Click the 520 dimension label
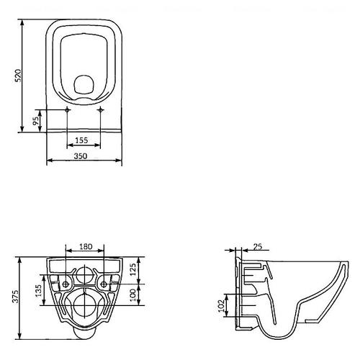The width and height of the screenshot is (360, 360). pyautogui.click(x=18, y=76)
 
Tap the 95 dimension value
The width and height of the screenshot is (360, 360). pyautogui.click(x=36, y=121)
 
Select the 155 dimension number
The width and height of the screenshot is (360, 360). pyautogui.click(x=81, y=140)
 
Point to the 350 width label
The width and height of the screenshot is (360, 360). pyautogui.click(x=81, y=156)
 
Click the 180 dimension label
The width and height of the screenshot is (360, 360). pyautogui.click(x=86, y=246)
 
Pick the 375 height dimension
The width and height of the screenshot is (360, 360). pyautogui.click(x=15, y=297)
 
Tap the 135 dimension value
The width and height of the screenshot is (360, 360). pyautogui.click(x=39, y=291)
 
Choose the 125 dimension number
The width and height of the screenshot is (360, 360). pyautogui.click(x=133, y=269)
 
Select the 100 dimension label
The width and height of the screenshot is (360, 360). pyautogui.click(x=133, y=294)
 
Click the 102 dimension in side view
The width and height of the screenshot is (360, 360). pyautogui.click(x=222, y=305)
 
